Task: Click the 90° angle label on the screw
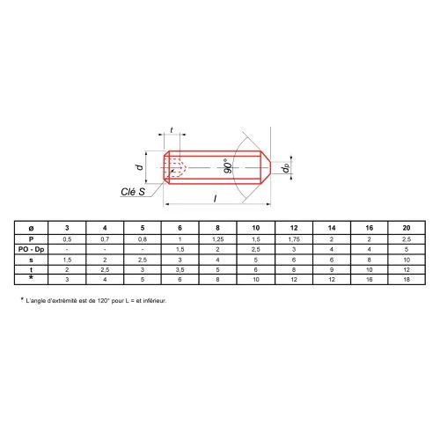point(228,166)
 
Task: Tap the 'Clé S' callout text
point(133,192)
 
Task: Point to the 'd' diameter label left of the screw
point(139,167)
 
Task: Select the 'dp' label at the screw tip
point(285,168)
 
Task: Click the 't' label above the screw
point(172,129)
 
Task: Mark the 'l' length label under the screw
point(215,198)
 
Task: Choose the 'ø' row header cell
point(31,228)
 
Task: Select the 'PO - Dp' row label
point(31,249)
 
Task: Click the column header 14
point(332,228)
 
